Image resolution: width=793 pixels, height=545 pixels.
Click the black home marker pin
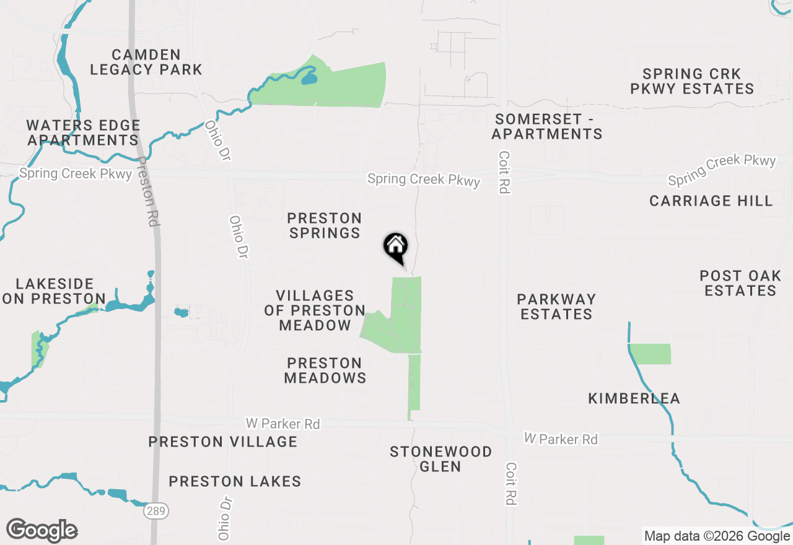(x=395, y=247)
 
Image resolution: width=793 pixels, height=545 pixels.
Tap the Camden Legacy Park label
(x=146, y=63)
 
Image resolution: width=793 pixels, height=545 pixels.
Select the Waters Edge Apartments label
(x=83, y=133)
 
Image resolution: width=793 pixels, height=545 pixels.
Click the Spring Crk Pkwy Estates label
(x=692, y=82)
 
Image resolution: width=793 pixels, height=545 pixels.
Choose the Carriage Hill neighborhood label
(x=711, y=201)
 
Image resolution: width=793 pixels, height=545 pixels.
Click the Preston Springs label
(x=325, y=225)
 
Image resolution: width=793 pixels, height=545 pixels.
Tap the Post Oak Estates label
(x=740, y=283)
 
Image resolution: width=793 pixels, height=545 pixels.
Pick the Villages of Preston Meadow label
(x=315, y=310)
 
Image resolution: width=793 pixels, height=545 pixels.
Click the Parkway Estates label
(x=556, y=307)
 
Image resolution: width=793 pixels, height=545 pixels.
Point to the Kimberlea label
(x=634, y=398)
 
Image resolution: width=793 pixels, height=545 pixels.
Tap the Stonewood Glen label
(x=440, y=459)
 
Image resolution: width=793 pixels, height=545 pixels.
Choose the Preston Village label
(x=223, y=442)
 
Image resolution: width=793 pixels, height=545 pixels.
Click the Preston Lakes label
(x=235, y=481)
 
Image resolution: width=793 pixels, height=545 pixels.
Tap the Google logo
(x=42, y=531)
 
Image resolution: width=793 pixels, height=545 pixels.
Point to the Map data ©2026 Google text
(x=717, y=536)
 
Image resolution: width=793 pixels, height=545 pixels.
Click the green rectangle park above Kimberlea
(x=651, y=354)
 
